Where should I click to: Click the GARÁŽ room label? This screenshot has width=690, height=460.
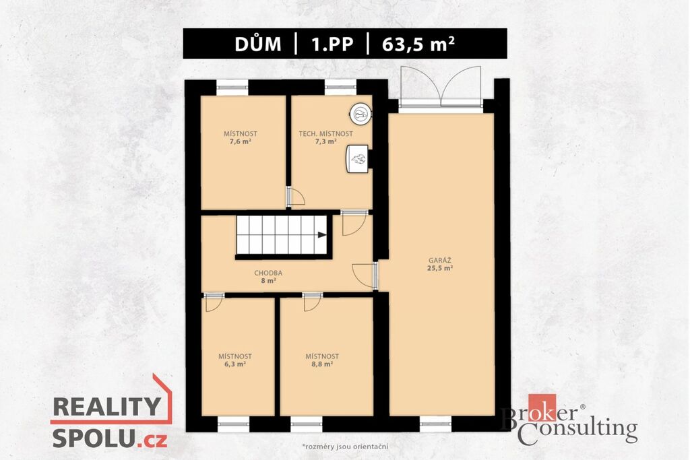click(440, 261)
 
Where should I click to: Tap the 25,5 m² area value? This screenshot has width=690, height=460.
click(440, 268)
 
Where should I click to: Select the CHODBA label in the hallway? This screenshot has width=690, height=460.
click(268, 273)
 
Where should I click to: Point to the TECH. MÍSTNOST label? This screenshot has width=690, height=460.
click(325, 134)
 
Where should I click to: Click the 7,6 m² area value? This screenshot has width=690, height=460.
click(241, 141)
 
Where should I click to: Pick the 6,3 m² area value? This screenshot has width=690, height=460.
click(234, 364)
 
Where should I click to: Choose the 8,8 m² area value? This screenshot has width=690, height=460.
click(322, 364)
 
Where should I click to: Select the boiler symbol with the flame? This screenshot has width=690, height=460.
click(357, 159)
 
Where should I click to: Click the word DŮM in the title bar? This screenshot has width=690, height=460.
click(258, 44)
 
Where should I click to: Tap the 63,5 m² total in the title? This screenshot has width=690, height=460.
click(418, 44)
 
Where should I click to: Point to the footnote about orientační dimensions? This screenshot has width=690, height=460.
click(345, 447)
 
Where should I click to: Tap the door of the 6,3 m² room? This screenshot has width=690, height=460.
click(214, 302)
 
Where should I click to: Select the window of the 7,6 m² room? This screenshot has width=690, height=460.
click(232, 88)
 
